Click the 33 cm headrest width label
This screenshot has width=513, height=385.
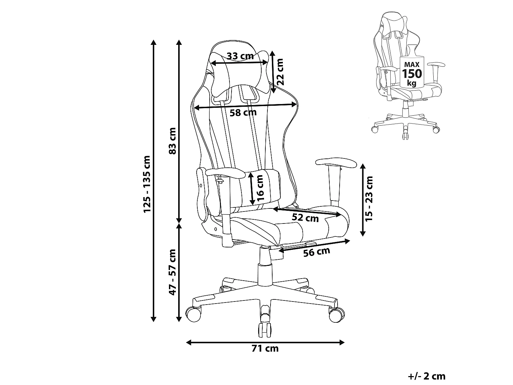[x=240, y=56]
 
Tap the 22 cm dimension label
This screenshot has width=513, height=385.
[x=280, y=72]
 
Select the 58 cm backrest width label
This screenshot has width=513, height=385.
[x=243, y=113]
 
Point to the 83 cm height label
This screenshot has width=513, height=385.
[x=172, y=141]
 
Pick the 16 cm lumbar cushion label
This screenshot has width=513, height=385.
[x=260, y=188]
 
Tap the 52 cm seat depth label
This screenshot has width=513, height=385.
[x=305, y=218]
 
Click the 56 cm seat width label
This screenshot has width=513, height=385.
[x=317, y=252]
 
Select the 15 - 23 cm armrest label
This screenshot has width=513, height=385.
[x=369, y=199]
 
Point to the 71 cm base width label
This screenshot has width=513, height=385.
[x=265, y=355]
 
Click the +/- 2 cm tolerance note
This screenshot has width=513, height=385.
[x=426, y=376]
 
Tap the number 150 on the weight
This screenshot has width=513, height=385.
[x=412, y=74]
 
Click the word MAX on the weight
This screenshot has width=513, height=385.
[x=412, y=65]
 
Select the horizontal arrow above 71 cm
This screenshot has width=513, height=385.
[x=265, y=343]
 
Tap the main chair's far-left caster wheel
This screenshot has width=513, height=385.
[x=193, y=314]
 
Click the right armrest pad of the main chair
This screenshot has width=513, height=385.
[x=336, y=163]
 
